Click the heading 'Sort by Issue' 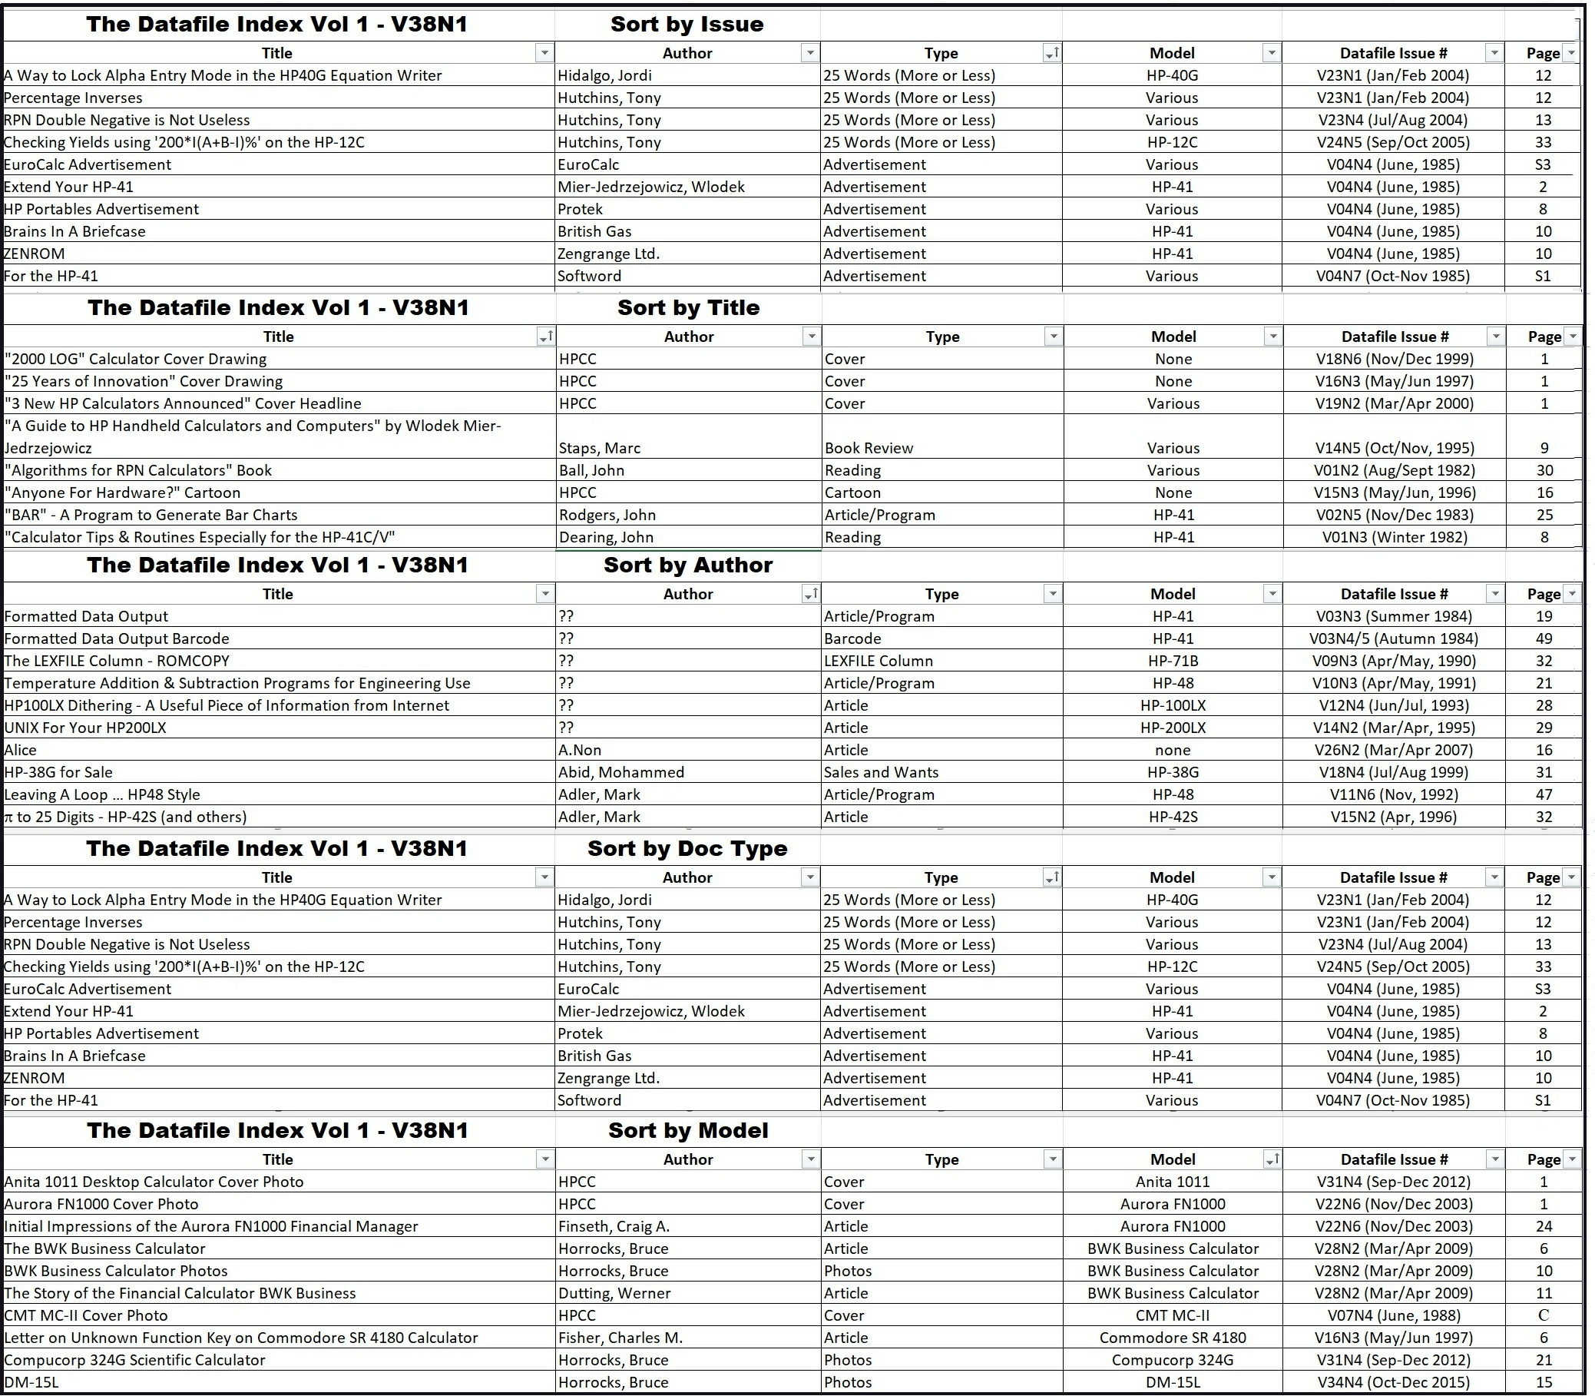(687, 24)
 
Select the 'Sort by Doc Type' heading (687, 848)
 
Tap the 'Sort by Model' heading (688, 1130)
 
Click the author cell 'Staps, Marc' (600, 448)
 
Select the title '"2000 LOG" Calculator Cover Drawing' (135, 359)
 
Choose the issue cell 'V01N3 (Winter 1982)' (1394, 537)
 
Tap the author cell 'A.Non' (580, 750)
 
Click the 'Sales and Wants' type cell (881, 772)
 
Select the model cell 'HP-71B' (1173, 661)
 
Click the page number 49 (1544, 638)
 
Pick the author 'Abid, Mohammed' (620, 772)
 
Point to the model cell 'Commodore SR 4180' (1172, 1338)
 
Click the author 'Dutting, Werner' (614, 1293)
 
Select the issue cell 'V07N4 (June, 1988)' (1394, 1315)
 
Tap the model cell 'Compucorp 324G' (1172, 1360)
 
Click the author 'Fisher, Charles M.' (620, 1338)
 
